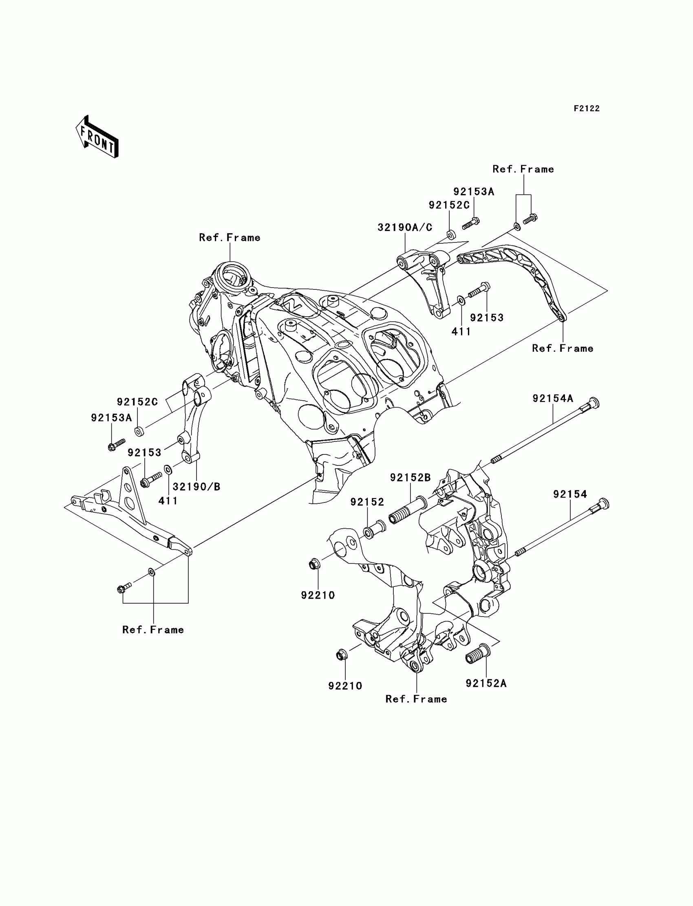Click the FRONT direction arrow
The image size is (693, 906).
(x=97, y=137)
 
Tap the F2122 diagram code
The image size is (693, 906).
(x=587, y=108)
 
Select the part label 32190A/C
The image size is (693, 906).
(x=405, y=227)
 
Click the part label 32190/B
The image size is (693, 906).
(x=196, y=487)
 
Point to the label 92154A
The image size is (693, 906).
(x=553, y=398)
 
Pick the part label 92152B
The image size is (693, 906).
(x=411, y=478)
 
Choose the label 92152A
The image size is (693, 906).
(x=486, y=683)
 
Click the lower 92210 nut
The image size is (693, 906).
(x=342, y=655)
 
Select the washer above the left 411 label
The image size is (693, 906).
(x=168, y=469)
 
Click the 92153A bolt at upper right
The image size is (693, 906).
(x=471, y=223)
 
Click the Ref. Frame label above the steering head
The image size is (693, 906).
(x=230, y=238)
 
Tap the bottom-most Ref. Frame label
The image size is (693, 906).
(x=416, y=699)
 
